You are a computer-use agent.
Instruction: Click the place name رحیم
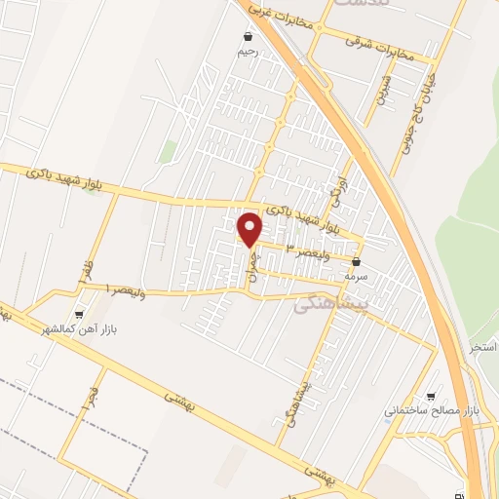tap(249, 53)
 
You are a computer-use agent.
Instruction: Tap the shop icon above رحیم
tap(249, 38)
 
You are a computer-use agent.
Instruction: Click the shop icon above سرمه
tap(357, 261)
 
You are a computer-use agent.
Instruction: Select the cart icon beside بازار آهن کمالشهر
tap(79, 314)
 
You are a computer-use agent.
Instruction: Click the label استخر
tap(484, 347)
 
